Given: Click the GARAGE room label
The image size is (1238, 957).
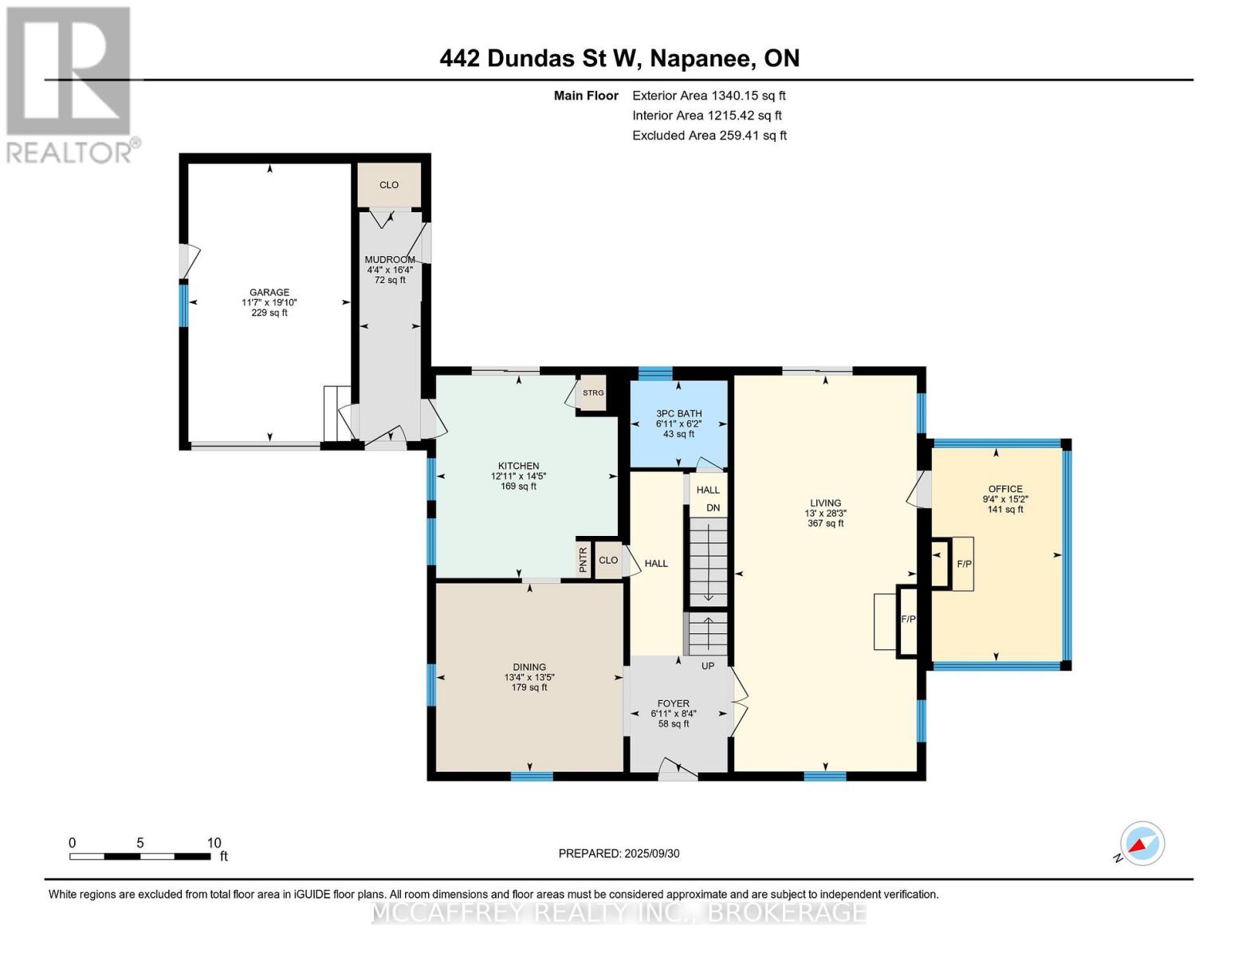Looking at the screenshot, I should (x=269, y=292).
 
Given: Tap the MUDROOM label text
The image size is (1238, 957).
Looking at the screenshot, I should (x=390, y=259).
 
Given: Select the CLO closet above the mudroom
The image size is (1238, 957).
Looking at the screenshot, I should (x=389, y=185).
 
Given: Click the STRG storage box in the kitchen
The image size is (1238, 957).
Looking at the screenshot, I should (x=593, y=393).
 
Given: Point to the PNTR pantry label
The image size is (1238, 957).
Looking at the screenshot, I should (x=583, y=559).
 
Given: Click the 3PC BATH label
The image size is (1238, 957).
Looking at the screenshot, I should (x=678, y=413).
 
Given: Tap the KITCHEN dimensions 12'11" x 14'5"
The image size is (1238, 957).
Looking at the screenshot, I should (x=519, y=476).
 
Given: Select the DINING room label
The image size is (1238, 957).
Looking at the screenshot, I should (x=529, y=667).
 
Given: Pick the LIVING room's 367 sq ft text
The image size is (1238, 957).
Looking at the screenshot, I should (x=825, y=524).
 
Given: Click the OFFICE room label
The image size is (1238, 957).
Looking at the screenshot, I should (x=1005, y=489).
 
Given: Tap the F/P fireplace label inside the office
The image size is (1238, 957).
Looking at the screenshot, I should (x=964, y=564).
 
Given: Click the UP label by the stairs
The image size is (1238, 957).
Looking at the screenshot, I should (x=708, y=666).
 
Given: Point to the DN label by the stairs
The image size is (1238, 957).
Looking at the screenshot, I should (x=713, y=508).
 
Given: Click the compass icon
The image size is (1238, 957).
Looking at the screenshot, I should (x=1142, y=844).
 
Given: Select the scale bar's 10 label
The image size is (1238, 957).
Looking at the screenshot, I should (x=214, y=843).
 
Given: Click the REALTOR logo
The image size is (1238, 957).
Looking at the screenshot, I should (x=70, y=84).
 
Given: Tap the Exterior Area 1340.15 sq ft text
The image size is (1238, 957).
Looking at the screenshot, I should (x=709, y=96).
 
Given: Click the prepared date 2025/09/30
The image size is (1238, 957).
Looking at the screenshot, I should (x=652, y=853).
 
